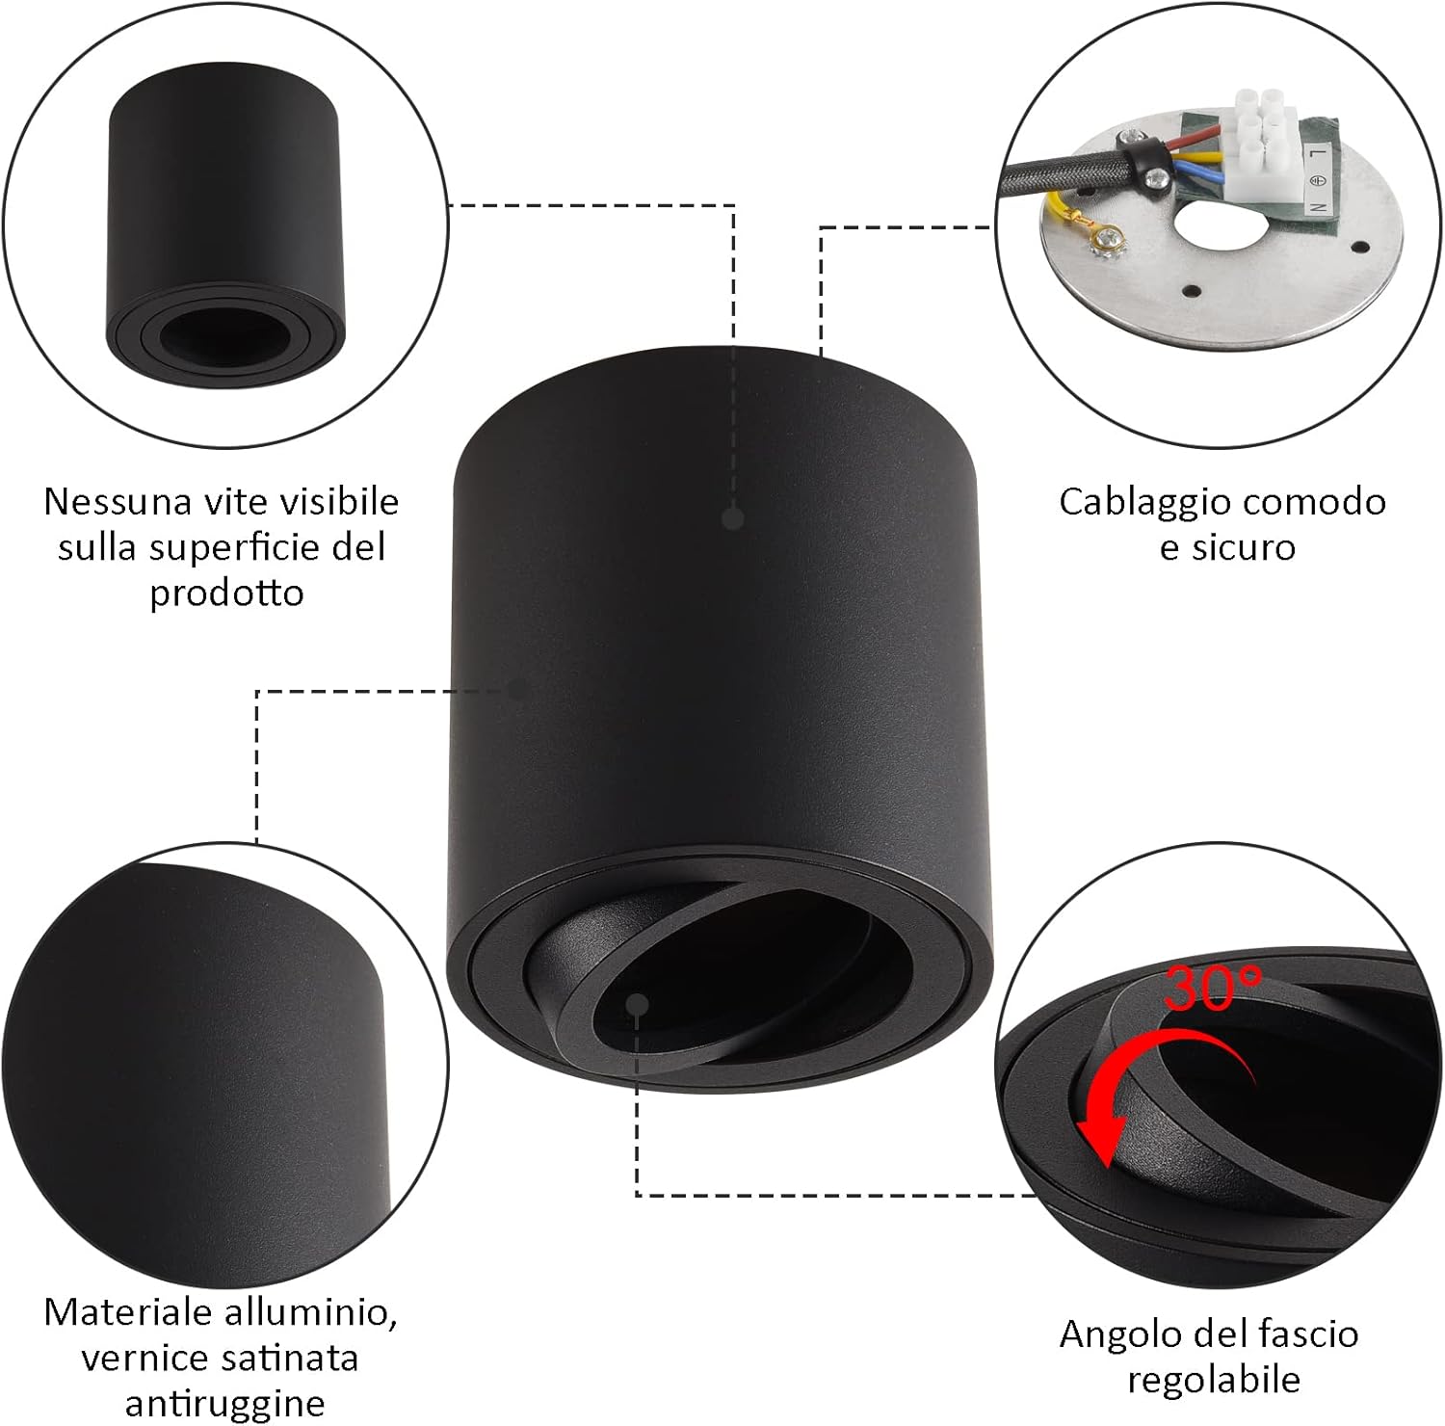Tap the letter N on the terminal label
click(1316, 206)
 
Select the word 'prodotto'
click(226, 593)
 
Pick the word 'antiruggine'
click(223, 1403)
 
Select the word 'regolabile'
click(1214, 1380)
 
